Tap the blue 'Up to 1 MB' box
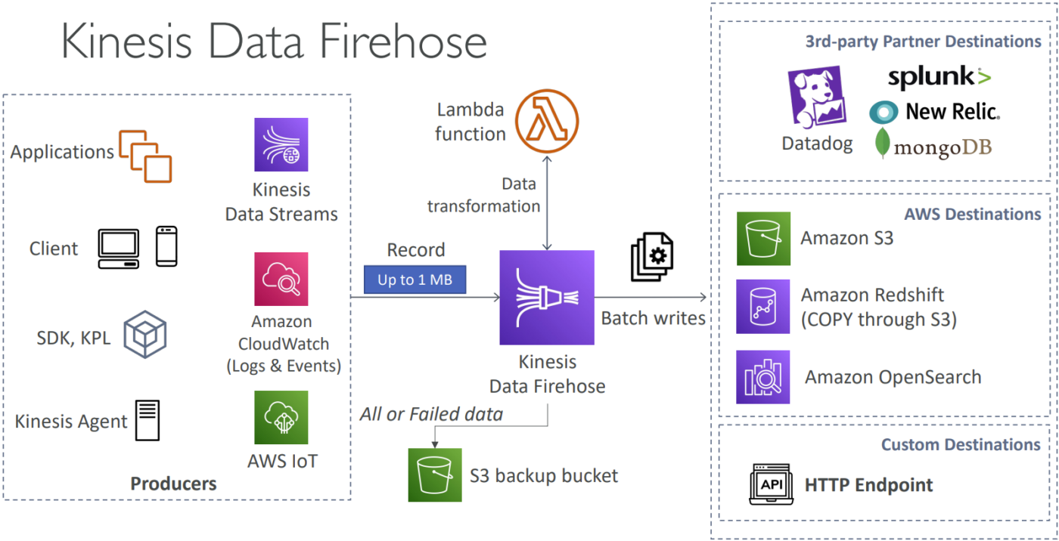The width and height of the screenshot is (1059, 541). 415,280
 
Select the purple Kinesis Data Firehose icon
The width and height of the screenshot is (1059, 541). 547,298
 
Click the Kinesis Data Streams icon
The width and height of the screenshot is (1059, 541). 281,144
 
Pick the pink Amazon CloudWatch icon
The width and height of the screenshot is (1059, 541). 281,279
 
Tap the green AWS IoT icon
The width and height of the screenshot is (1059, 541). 281,417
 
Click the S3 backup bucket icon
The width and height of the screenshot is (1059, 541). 435,475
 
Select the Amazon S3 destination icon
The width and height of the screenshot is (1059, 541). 763,239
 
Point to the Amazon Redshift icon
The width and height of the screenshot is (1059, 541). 763,306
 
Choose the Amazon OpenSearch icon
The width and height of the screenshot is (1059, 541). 763,377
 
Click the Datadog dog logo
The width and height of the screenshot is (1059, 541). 817,97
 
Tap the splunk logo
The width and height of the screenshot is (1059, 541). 939,77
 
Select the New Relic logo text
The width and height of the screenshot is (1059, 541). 952,111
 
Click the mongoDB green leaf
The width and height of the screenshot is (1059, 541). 882,143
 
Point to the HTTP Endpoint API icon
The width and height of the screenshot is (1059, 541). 771,484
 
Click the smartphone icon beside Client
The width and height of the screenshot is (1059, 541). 166,246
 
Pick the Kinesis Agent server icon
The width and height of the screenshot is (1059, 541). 148,420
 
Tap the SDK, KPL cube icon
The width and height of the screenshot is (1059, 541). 145,334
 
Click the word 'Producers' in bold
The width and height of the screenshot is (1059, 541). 173,484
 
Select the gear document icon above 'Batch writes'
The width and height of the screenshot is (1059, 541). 652,257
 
